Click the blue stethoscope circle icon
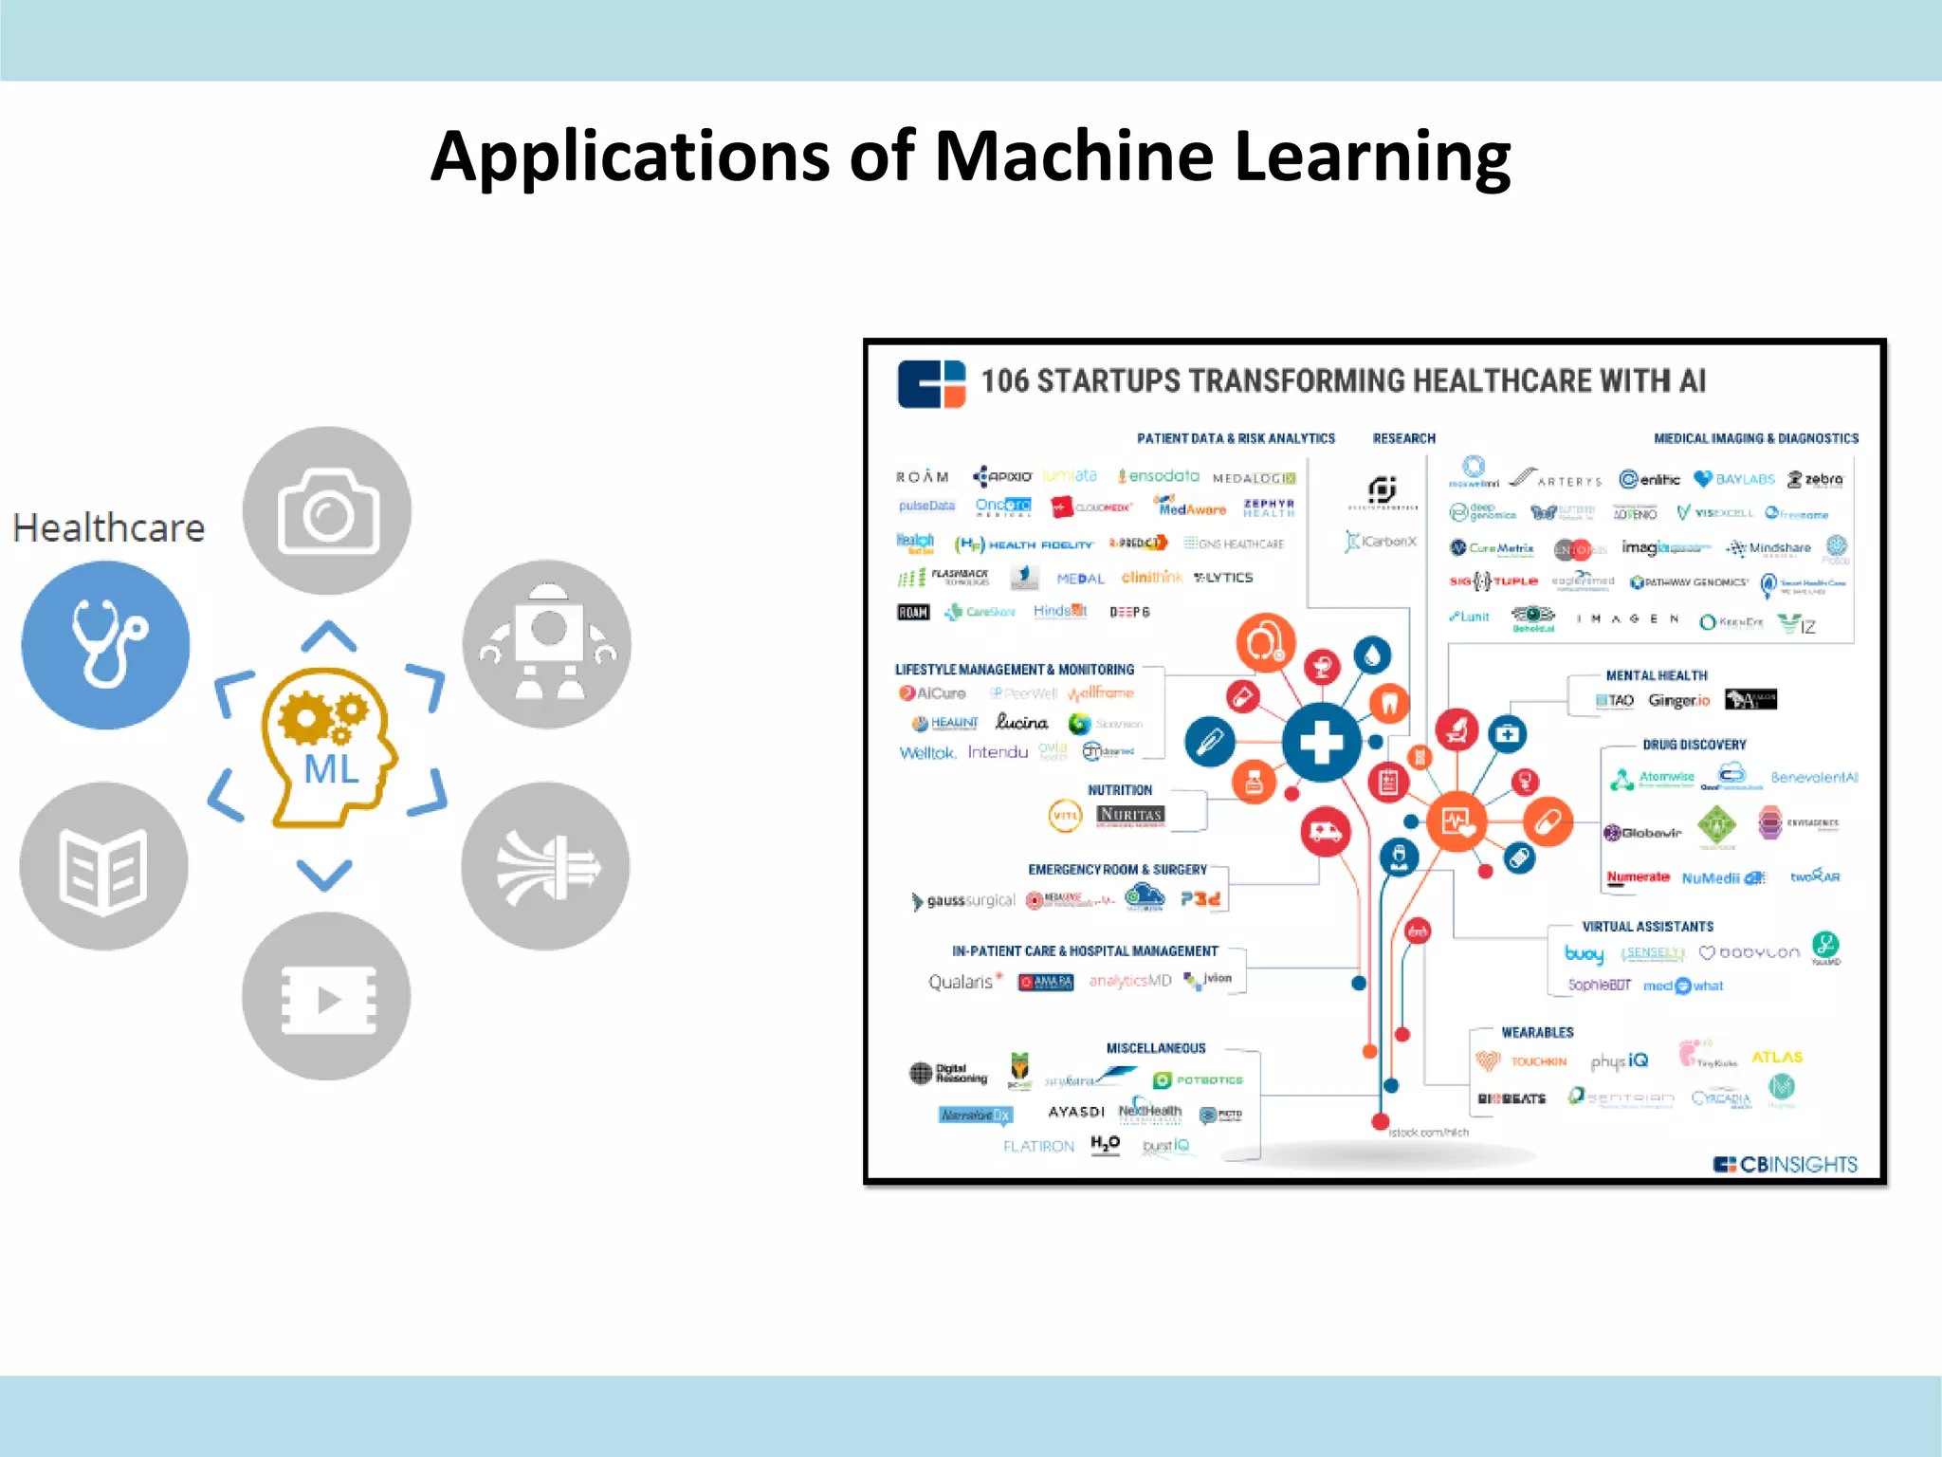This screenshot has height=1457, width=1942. [105, 644]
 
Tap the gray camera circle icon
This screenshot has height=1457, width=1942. [327, 510]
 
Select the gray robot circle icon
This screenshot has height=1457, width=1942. [546, 644]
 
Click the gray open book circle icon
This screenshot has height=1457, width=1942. [103, 866]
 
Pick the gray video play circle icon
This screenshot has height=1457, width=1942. [326, 996]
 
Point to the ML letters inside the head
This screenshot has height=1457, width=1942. [331, 768]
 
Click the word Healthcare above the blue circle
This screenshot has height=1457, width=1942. [109, 527]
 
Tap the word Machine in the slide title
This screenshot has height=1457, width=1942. [1073, 157]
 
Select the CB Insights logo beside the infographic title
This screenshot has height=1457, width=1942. [931, 383]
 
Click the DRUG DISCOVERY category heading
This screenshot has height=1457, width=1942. [1694, 745]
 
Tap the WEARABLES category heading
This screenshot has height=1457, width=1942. [1537, 1032]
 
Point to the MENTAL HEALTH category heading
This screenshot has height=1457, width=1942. [1656, 675]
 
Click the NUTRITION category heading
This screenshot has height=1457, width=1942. [1120, 790]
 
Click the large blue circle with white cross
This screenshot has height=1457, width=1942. [1321, 743]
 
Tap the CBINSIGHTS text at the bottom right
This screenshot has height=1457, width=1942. [1797, 1164]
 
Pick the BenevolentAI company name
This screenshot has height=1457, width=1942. [1814, 778]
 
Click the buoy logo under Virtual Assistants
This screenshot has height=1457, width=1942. [1584, 953]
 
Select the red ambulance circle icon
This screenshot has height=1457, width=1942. [1325, 832]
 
